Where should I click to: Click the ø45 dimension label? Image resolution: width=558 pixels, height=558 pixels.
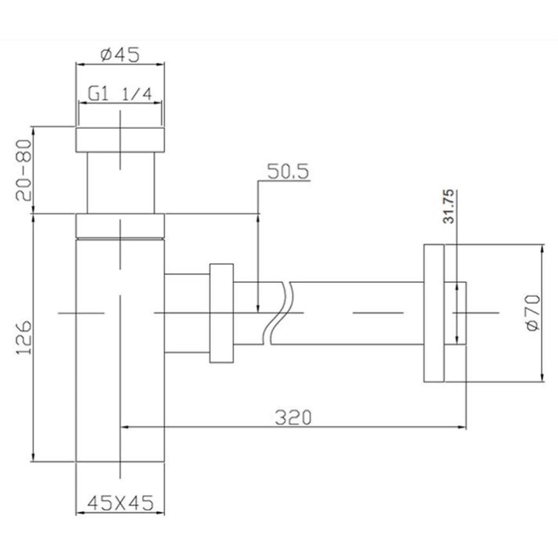click(x=120, y=55)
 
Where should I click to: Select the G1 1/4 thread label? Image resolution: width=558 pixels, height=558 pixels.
click(x=120, y=94)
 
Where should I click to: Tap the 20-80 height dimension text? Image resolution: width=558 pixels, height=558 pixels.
click(x=24, y=170)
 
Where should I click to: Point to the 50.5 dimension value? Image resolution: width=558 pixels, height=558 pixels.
click(x=288, y=171)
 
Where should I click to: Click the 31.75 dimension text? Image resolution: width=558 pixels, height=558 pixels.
click(x=448, y=207)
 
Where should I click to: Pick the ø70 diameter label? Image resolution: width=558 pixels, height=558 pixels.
click(x=533, y=313)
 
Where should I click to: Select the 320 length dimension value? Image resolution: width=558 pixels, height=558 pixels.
click(x=293, y=417)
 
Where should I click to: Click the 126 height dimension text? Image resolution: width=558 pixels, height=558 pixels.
click(x=24, y=337)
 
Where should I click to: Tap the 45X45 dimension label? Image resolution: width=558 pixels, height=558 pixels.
click(x=121, y=502)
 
